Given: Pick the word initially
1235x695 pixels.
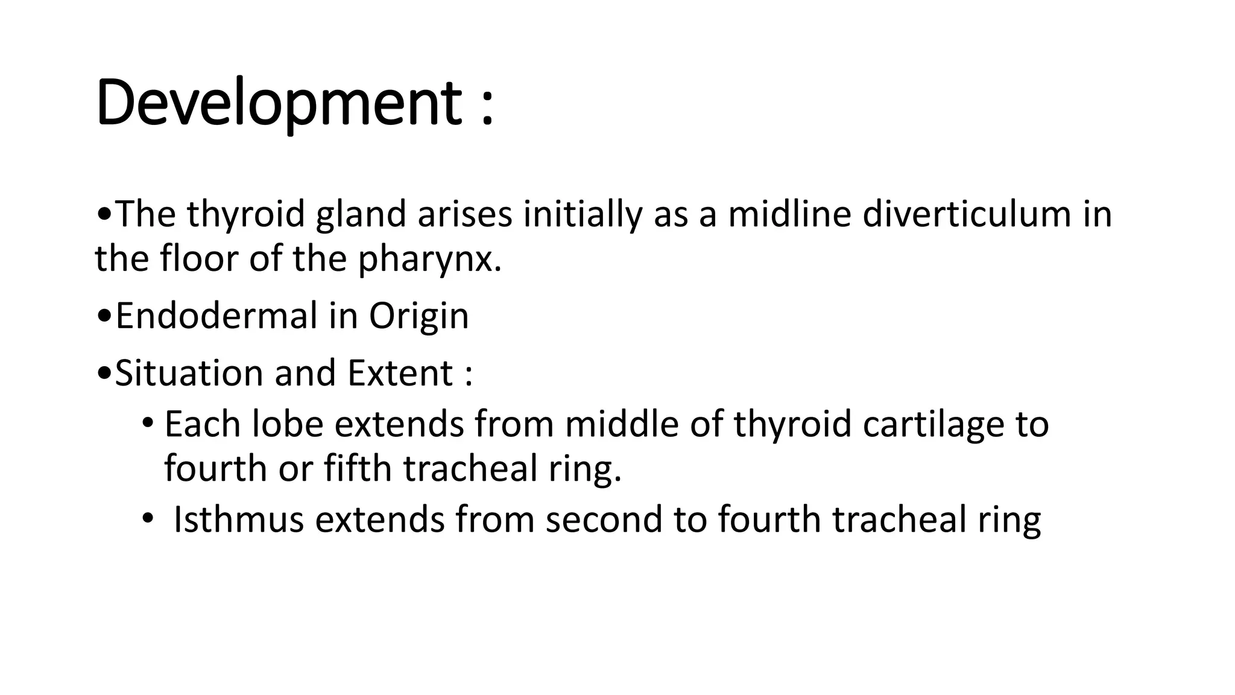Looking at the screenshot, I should [583, 215].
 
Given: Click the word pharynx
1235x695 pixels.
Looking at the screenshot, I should [429, 260].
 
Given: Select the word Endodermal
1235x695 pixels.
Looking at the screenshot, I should [216, 316].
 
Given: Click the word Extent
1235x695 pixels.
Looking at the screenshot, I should [400, 373].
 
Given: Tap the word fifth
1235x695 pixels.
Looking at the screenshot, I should [358, 468].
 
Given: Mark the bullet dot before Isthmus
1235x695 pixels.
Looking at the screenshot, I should [148, 519].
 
